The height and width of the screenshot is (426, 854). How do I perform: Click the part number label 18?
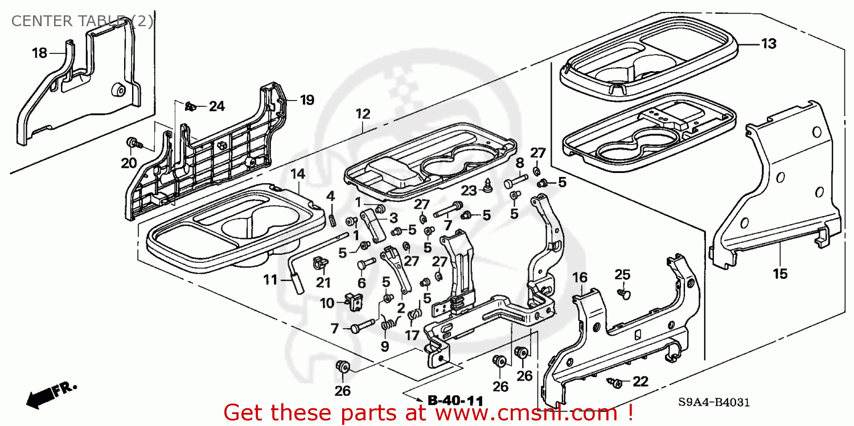tap(39, 53)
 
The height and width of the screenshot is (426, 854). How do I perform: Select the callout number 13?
tap(769, 43)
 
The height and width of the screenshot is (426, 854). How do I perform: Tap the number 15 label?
tap(779, 274)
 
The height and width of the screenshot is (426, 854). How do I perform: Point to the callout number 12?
tap(363, 114)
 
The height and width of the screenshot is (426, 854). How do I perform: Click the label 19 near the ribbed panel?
tap(307, 100)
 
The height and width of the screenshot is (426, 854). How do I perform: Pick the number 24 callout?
tap(216, 106)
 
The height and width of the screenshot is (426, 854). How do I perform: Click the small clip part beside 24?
tap(191, 106)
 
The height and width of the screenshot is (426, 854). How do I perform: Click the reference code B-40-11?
tap(455, 400)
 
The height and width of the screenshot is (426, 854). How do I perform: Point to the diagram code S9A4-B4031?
tap(715, 403)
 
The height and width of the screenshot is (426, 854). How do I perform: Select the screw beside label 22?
tap(615, 382)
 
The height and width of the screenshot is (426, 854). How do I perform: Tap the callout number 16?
tap(580, 278)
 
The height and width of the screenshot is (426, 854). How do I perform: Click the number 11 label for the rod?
tap(270, 280)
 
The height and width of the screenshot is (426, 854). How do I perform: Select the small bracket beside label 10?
tap(354, 300)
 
